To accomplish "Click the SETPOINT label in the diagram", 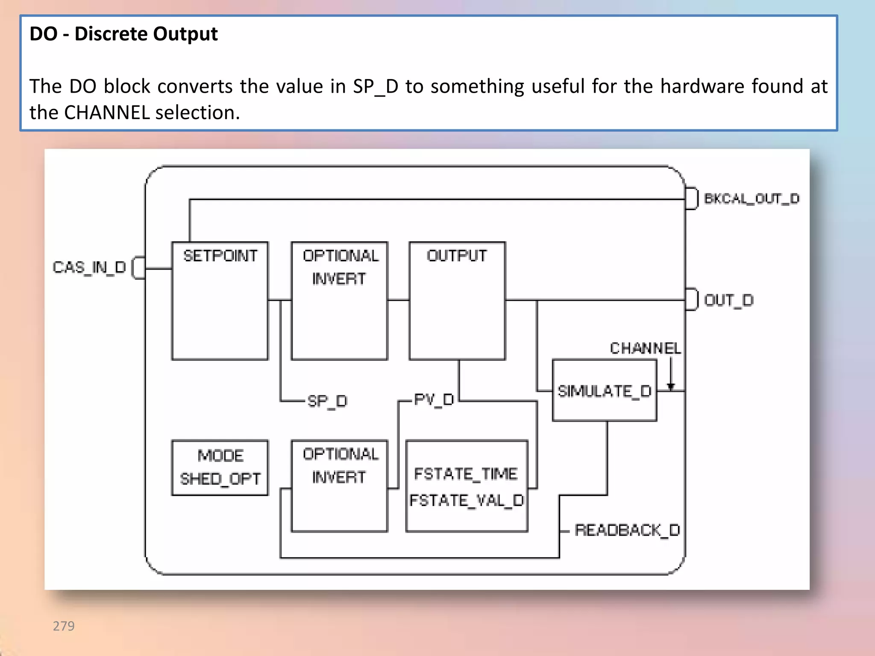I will pos(220,256).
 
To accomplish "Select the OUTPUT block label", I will pos(457,256).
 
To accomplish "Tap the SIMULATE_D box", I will pos(604,391).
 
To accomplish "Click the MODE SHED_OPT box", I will pos(220,468).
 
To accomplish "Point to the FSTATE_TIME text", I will pos(466,474).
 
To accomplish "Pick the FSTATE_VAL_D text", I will pos(467,500).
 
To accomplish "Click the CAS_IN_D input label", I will pos(89,267).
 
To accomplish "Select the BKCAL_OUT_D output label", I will pos(752,199).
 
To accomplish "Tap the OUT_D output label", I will pos(728,300).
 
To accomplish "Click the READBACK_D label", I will pos(627,530).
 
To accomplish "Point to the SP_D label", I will pos(327,401).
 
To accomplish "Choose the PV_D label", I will pos(434,400).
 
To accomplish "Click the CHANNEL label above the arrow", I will pos(645,348).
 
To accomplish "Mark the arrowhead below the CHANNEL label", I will pos(671,387).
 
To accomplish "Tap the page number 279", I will pos(64,626).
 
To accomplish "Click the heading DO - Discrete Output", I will pos(123,34).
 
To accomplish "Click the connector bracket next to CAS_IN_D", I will pos(138,268).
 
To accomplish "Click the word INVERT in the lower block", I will pos(339,477).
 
